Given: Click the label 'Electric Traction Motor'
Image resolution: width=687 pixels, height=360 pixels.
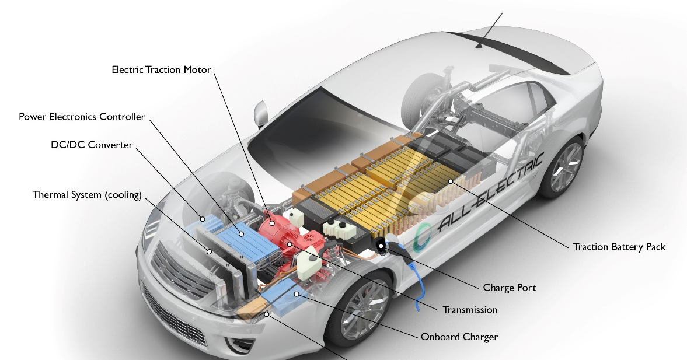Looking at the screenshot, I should [x=161, y=69].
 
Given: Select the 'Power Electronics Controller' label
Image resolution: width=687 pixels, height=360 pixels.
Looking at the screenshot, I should [x=82, y=117].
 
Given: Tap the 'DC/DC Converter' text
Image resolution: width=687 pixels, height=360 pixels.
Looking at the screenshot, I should [x=92, y=145].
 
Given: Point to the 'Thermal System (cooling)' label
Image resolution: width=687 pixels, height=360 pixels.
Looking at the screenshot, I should [x=87, y=195].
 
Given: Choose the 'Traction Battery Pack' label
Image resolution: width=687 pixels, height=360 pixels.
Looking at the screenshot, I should [x=619, y=247].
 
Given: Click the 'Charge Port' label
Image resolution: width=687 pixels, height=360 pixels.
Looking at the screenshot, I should [x=509, y=288].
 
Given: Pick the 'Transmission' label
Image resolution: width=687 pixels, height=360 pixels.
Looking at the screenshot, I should [x=470, y=310].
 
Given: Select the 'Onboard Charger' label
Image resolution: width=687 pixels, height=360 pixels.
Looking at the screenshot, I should [x=459, y=337].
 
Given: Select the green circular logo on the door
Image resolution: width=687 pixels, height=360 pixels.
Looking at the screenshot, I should [x=424, y=236].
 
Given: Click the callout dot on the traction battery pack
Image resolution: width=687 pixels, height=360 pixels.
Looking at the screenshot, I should [x=451, y=181].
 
